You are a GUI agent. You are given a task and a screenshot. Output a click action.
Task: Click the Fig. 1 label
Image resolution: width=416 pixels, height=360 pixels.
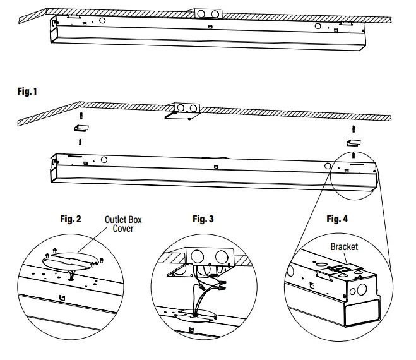(x=27, y=92)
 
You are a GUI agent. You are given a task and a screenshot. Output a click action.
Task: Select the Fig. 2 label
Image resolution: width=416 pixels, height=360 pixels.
(x=70, y=219)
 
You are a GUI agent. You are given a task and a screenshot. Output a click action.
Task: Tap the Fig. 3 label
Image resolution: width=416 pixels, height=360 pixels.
(x=203, y=219)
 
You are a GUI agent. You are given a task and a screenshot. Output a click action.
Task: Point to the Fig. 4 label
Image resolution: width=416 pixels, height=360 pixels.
(x=337, y=219)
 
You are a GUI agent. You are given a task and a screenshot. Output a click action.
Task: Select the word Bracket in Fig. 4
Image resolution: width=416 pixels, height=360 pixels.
(x=344, y=246)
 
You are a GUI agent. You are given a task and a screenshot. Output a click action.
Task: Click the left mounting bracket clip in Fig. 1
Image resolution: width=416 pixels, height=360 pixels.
(x=80, y=128)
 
